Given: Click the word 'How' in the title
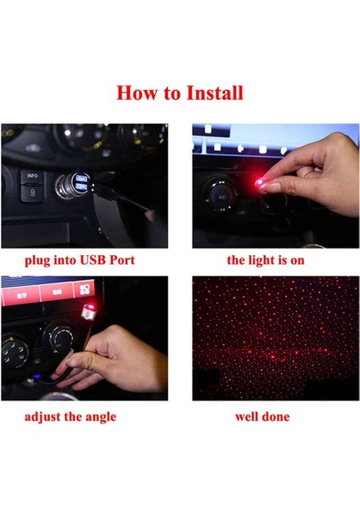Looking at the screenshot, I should (136, 92).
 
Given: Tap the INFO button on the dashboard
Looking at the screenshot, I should (32, 176).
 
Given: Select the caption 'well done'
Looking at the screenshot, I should (262, 417).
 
